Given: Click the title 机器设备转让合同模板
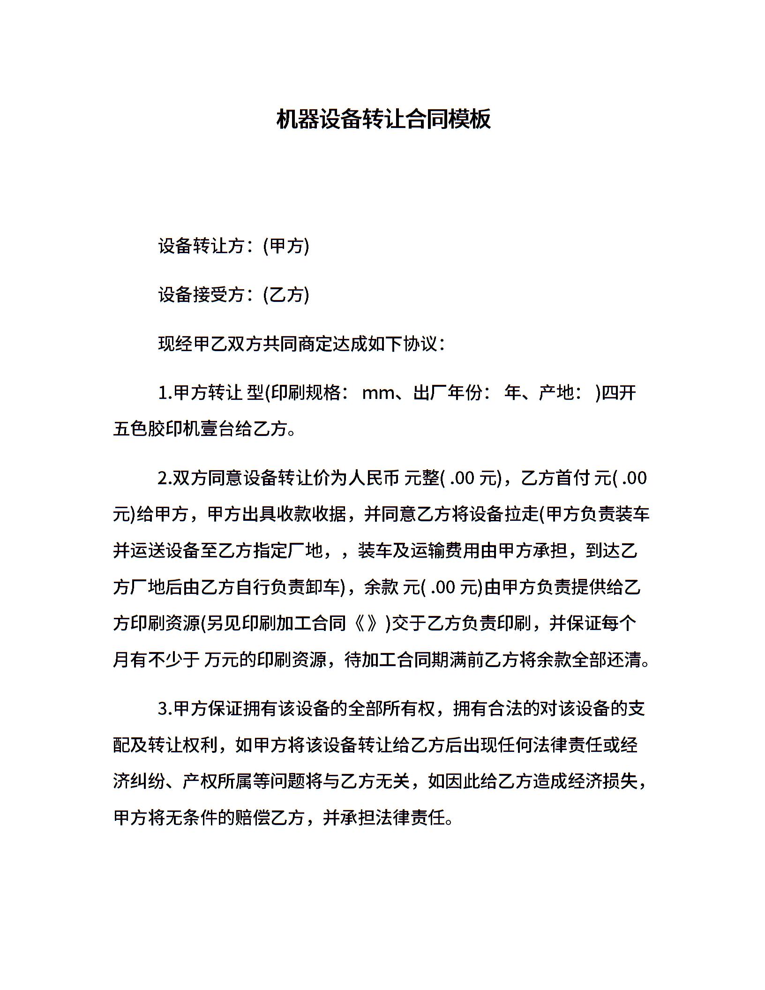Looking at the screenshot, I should pos(383,119).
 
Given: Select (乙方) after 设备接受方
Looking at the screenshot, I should pos(286,295).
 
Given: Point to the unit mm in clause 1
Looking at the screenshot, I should pos(378,393).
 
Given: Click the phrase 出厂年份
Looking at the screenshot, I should pos(448,393).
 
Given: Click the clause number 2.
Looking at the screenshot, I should pos(164,479).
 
